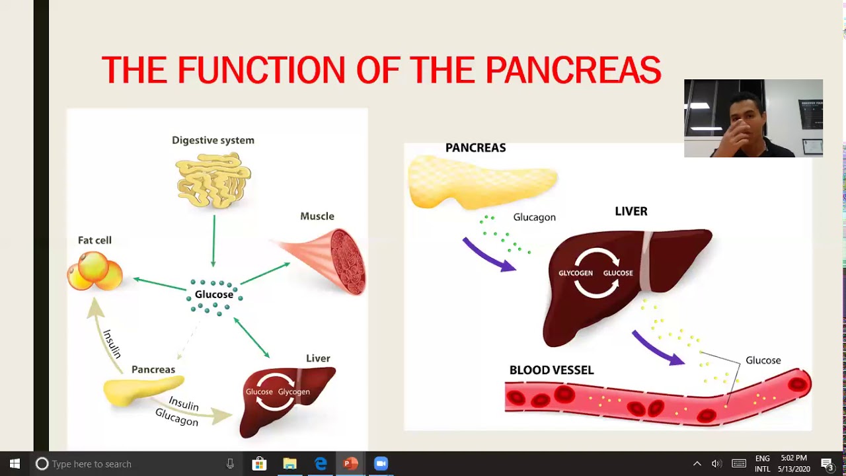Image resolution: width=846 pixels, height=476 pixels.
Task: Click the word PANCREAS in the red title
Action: tap(573, 70)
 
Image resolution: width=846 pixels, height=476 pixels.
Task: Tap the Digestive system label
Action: tap(213, 140)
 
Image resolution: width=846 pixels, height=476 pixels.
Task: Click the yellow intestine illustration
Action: tap(213, 180)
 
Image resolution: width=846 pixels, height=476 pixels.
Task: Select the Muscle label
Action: tap(317, 216)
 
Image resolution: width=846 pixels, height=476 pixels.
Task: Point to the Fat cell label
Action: tap(95, 241)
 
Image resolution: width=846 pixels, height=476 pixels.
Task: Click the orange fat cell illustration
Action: tap(95, 271)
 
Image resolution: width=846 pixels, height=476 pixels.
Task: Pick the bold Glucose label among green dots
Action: tap(213, 294)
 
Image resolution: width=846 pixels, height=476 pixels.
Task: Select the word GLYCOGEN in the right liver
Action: tap(575, 273)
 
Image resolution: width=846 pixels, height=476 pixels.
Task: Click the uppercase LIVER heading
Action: tap(631, 212)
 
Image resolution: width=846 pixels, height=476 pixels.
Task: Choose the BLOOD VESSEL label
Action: tap(551, 370)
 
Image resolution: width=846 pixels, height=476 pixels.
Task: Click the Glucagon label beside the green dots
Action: tap(534, 218)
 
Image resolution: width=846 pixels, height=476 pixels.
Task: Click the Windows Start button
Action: tap(15, 463)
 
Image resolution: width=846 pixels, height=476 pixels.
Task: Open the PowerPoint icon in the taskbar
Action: tap(350, 463)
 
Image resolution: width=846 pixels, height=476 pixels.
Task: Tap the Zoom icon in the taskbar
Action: tap(381, 463)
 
